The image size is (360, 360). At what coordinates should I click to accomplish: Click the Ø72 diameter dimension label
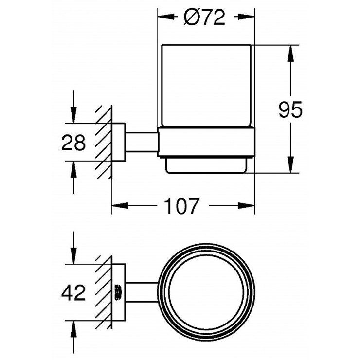coord(204,18)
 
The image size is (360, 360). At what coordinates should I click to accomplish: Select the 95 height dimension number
coord(290,109)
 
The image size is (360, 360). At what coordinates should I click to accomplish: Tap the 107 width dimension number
coord(181,206)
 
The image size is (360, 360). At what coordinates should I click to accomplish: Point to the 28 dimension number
coord(73,143)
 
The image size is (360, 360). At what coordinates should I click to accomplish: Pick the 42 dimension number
coord(73,293)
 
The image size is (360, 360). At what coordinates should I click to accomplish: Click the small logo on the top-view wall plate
coord(118,292)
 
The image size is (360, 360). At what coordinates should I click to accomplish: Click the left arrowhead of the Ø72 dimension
coord(166,17)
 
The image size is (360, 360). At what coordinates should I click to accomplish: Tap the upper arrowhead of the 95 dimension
coord(290,53)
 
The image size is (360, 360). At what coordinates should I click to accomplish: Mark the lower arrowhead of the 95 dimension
coord(290,164)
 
